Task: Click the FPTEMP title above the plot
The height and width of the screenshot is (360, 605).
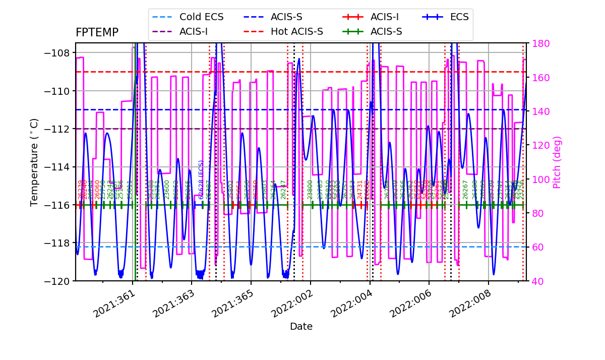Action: pos(97,33)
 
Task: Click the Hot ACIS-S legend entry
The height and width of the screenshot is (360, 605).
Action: pos(296,32)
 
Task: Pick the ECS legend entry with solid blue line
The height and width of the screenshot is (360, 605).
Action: pos(459,17)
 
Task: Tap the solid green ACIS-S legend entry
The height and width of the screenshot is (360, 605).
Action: pos(386,32)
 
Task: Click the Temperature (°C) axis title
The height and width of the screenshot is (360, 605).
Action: pos(34,162)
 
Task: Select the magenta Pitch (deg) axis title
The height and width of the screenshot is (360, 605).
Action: pos(557,162)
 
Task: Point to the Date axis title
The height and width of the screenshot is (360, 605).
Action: pos(301,327)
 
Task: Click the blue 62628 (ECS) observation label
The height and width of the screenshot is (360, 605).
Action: pos(201,179)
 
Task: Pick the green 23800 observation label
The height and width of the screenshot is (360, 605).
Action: pos(310,190)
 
